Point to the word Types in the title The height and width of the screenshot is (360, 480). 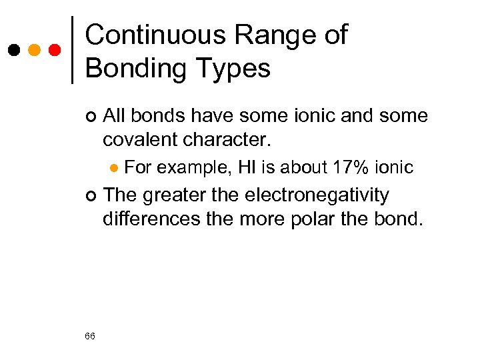[x=238, y=68]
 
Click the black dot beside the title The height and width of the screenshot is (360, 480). [x=13, y=51]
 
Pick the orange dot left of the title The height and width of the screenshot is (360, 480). [x=34, y=51]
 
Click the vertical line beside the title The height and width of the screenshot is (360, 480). [x=72, y=49]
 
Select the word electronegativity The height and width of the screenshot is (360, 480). [x=317, y=195]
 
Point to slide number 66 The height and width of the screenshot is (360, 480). [x=91, y=336]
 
